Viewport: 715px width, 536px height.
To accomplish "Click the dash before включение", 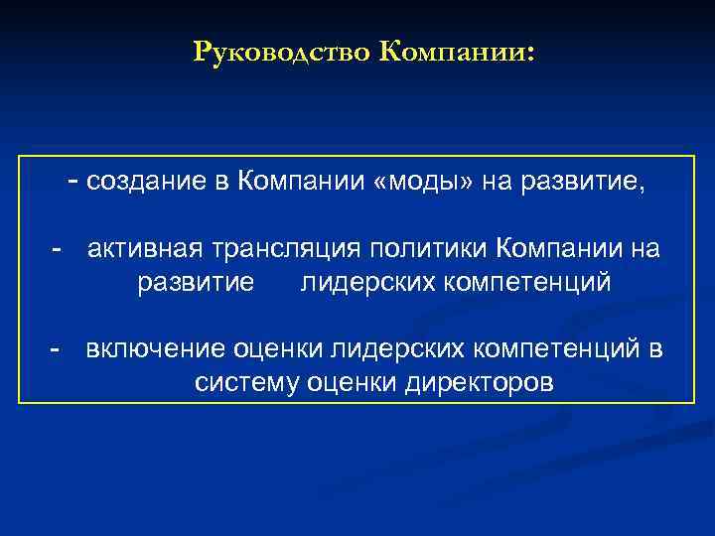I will pyautogui.click(x=58, y=349).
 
